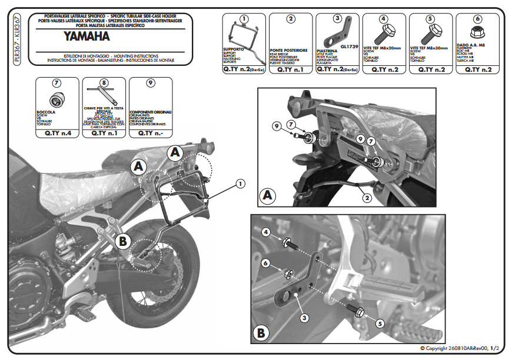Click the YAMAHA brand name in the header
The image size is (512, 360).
tap(86, 36)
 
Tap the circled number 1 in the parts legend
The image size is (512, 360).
tap(244, 19)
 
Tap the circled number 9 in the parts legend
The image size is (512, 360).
tap(150, 83)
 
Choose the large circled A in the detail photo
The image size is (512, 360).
tap(268, 194)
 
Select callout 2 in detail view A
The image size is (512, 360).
tap(366, 198)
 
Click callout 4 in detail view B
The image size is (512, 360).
tap(266, 234)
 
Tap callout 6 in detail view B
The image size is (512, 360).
tap(265, 263)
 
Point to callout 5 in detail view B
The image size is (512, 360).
tap(380, 323)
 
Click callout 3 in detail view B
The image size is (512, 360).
tap(304, 317)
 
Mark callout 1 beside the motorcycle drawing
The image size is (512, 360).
tap(240, 184)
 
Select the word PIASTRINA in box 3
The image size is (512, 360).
tap(328, 51)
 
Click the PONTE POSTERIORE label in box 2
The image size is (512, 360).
tap(290, 51)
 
